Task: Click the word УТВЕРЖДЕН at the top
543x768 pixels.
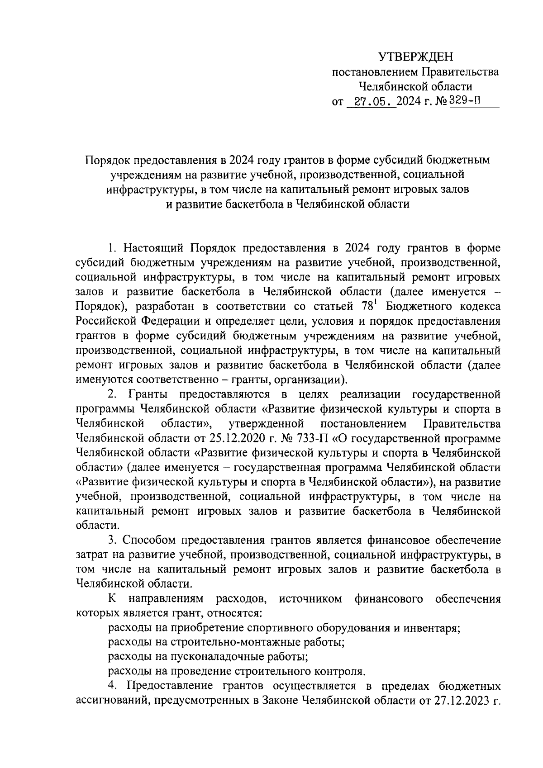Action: coord(415,57)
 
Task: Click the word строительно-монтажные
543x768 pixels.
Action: coord(236,642)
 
